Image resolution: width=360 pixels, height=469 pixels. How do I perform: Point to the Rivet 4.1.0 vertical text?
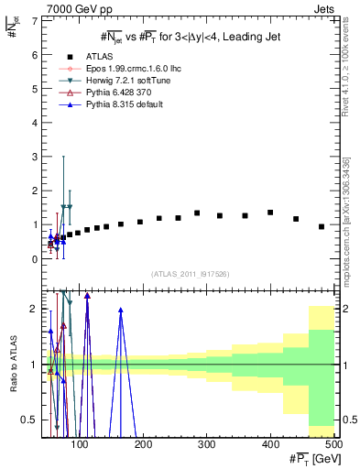tap(344, 78)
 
